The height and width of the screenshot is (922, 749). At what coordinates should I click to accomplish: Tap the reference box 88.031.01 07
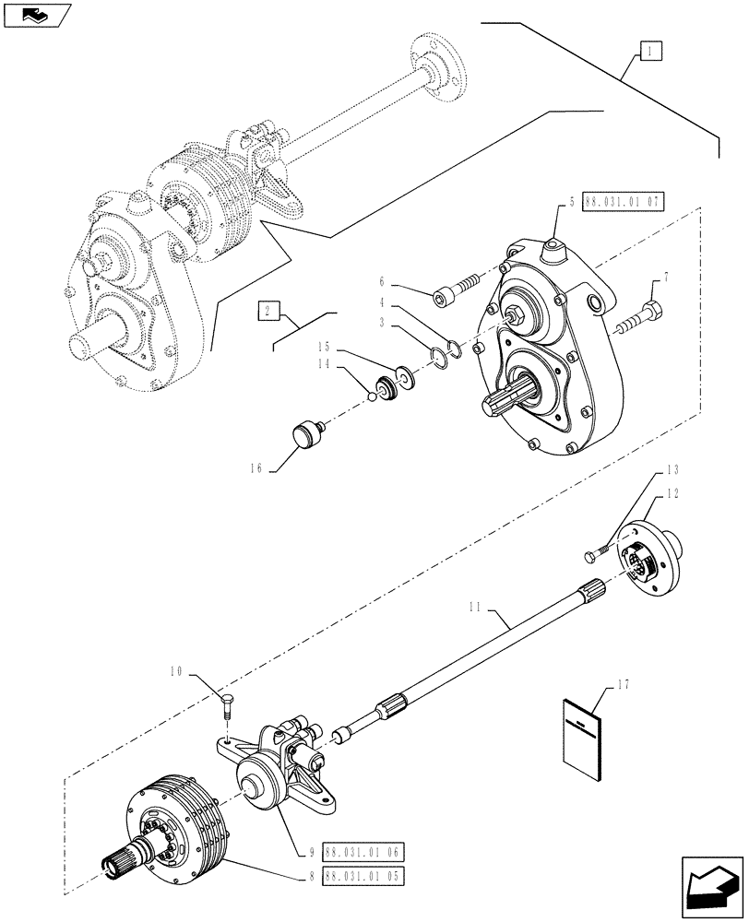(x=623, y=201)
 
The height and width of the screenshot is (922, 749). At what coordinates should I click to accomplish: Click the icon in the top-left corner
(x=36, y=14)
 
